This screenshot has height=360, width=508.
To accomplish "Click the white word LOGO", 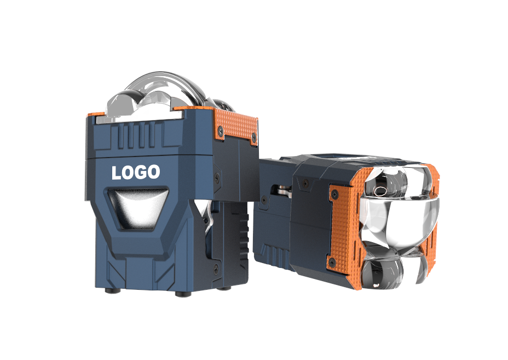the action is click(x=136, y=172).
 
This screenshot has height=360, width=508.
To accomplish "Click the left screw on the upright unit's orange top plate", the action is click(x=221, y=131).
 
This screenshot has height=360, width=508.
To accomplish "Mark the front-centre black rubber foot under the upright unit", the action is click(x=183, y=294).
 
